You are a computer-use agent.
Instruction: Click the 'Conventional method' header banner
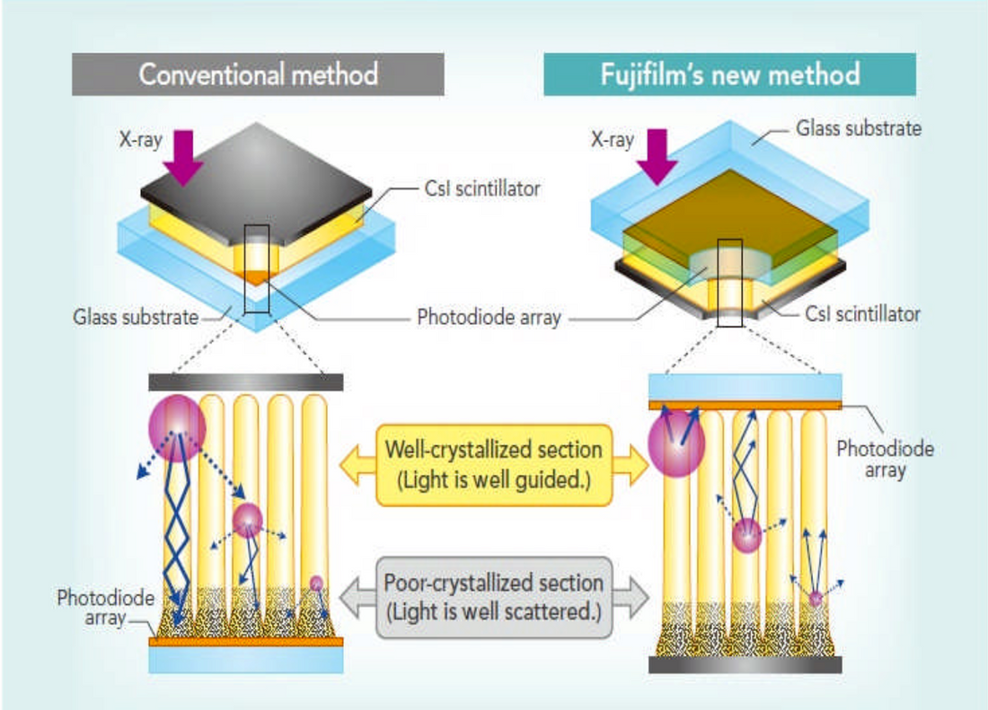pos(258,75)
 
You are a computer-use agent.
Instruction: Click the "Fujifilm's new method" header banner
pos(729,75)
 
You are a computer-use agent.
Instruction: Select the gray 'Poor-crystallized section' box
pos(493,598)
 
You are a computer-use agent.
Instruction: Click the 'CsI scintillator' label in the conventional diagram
pos(481,189)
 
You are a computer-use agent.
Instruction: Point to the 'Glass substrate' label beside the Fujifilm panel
pos(859,128)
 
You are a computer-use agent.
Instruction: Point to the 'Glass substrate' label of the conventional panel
pos(135,317)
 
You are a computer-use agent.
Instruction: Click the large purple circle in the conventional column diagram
pos(177,428)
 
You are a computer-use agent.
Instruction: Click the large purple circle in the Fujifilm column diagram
pos(676,443)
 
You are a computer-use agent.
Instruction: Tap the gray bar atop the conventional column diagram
pos(245,382)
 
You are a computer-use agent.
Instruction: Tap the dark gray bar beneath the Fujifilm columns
pos(745,664)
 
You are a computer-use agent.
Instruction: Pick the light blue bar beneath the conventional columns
pos(245,660)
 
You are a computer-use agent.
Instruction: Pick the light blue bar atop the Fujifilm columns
pos(745,387)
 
